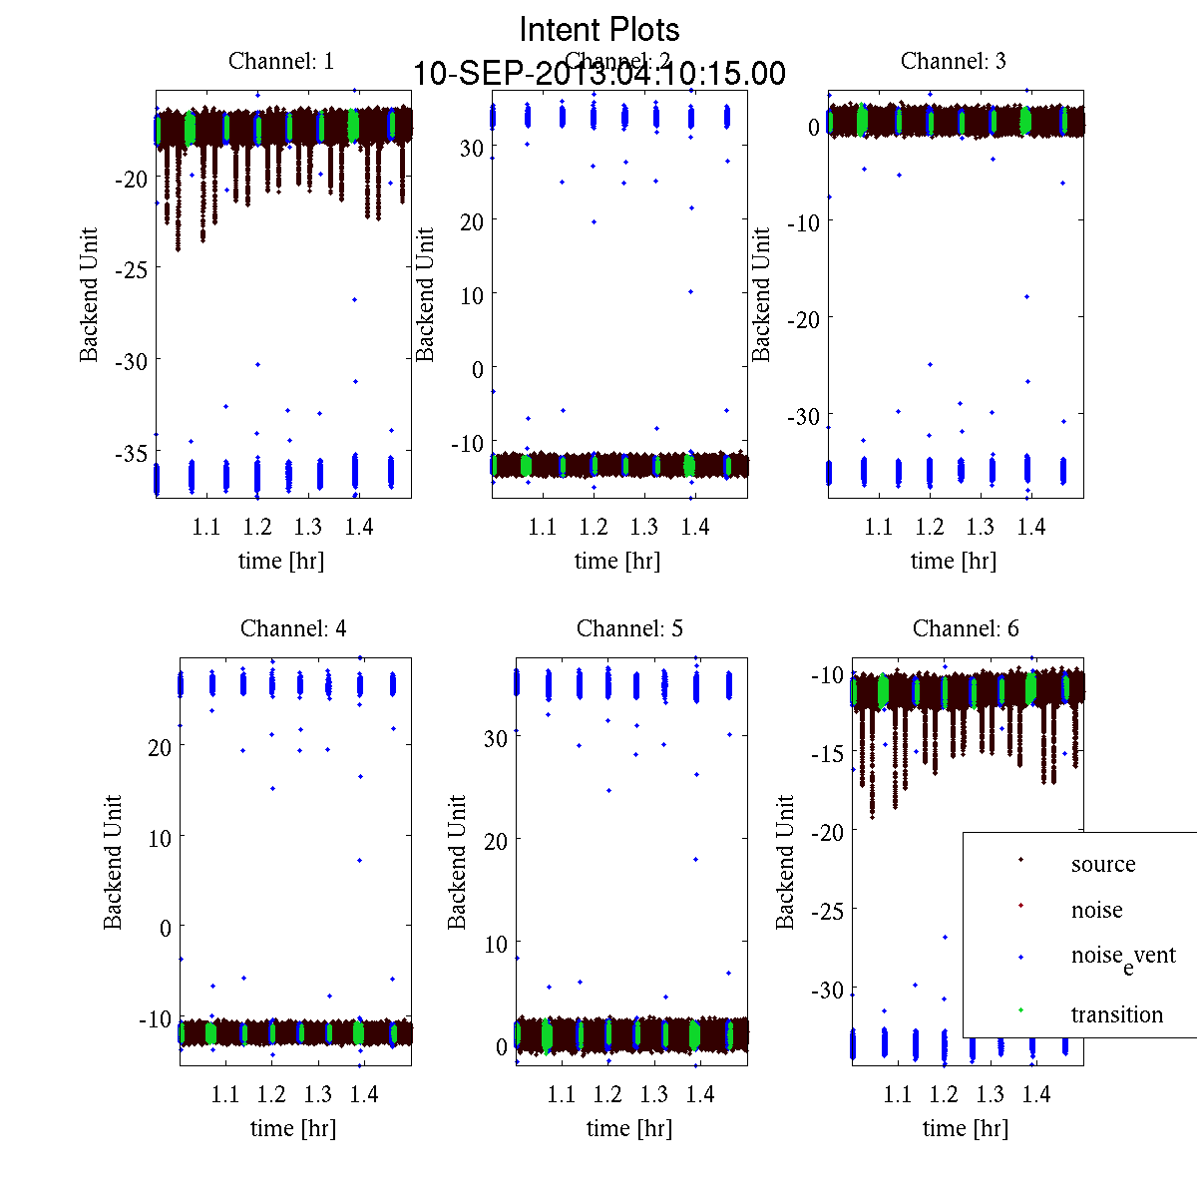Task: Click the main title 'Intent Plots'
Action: [x=599, y=30]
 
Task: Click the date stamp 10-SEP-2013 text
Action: [x=599, y=74]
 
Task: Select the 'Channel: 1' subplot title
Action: [x=281, y=61]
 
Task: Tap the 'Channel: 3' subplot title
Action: [x=953, y=61]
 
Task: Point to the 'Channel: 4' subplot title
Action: [x=293, y=628]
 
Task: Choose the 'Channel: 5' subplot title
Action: [x=629, y=628]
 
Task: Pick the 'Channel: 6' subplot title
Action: [x=966, y=628]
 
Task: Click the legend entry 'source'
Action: [x=1102, y=864]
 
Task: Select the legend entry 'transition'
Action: [x=1116, y=1014]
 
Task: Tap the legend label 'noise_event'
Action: [x=1122, y=957]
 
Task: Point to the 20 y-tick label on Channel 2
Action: [x=471, y=221]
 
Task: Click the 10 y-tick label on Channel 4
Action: [x=159, y=837]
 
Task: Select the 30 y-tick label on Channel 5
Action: [x=495, y=738]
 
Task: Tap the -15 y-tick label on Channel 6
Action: [x=827, y=753]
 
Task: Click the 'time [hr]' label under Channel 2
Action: [x=616, y=561]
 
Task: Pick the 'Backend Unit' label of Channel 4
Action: [x=113, y=862]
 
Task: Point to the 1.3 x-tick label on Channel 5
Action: [x=653, y=1094]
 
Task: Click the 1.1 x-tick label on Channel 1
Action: [x=205, y=527]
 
